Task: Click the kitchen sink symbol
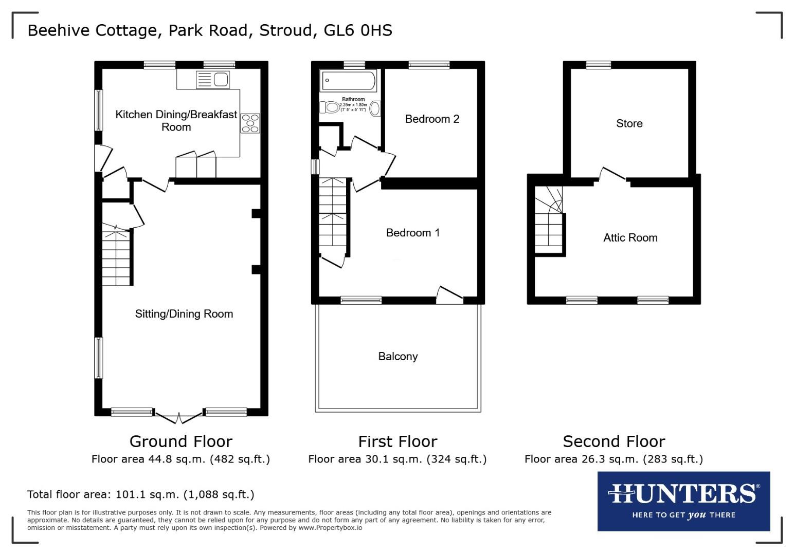(x=212, y=80)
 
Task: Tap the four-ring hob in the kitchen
(x=250, y=123)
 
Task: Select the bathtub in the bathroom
(x=348, y=81)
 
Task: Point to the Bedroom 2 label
(x=432, y=119)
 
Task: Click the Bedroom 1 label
(x=412, y=233)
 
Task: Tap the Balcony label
(x=398, y=357)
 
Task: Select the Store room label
(x=629, y=123)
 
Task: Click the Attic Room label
(x=630, y=237)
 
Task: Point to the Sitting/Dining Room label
(x=184, y=314)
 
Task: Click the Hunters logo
(x=683, y=501)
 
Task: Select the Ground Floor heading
(x=181, y=441)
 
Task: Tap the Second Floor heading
(x=613, y=441)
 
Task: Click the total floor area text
(x=140, y=494)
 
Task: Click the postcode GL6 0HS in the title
(x=358, y=30)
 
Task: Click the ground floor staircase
(x=117, y=258)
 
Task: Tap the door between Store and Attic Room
(x=613, y=175)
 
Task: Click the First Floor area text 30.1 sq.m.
(x=397, y=459)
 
